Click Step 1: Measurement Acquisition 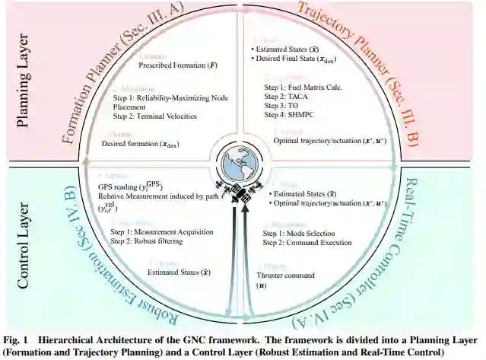(162, 231)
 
